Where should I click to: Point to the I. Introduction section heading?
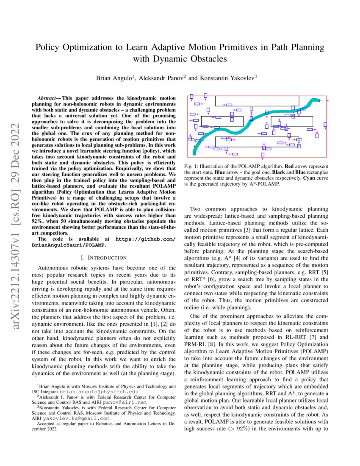103,258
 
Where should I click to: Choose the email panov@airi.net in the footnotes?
128,402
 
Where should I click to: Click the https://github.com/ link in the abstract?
145,239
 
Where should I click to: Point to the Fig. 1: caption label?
194,167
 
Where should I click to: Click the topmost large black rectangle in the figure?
257,101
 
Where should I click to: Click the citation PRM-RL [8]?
197,343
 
